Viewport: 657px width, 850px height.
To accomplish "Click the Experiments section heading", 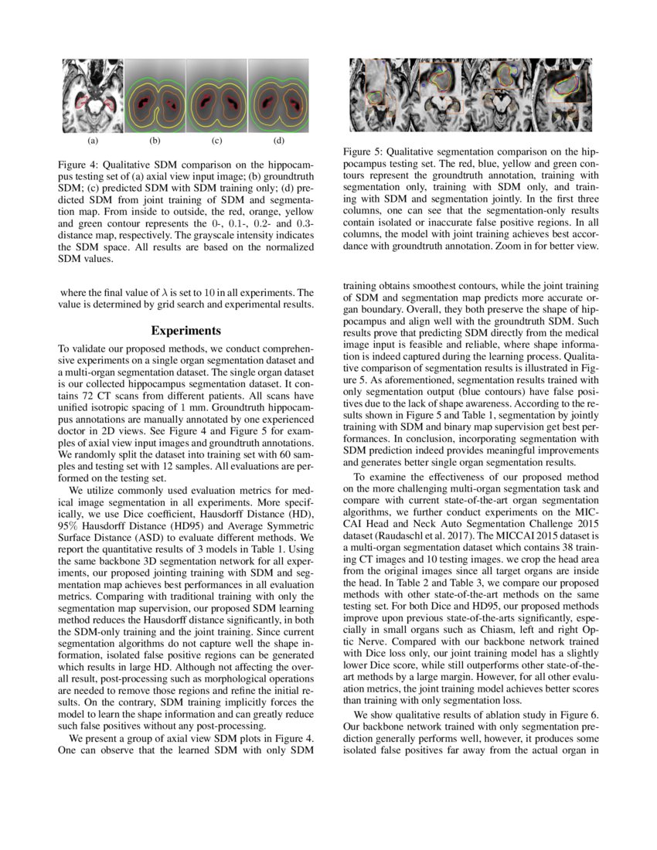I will coord(186,331).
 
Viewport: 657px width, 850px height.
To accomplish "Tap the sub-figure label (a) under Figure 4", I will coord(93,141).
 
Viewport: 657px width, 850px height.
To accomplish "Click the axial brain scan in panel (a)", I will coord(93,97).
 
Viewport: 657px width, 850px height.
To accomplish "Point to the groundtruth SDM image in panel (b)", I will coord(155,97).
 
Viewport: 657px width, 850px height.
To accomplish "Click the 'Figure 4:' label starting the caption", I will coord(80,165).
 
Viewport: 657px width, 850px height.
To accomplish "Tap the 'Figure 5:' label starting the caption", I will coord(363,152).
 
